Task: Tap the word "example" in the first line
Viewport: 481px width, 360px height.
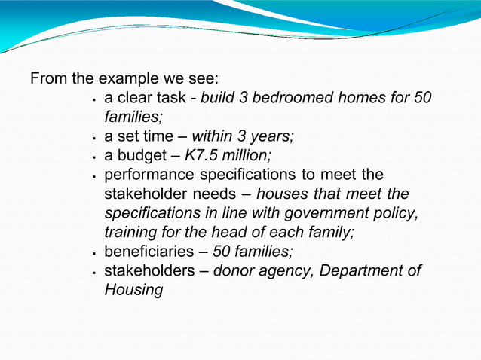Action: (x=123, y=79)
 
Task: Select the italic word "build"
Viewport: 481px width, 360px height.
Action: (x=219, y=99)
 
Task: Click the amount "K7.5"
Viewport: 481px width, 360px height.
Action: (x=201, y=156)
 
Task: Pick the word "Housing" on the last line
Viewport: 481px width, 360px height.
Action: (x=133, y=290)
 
